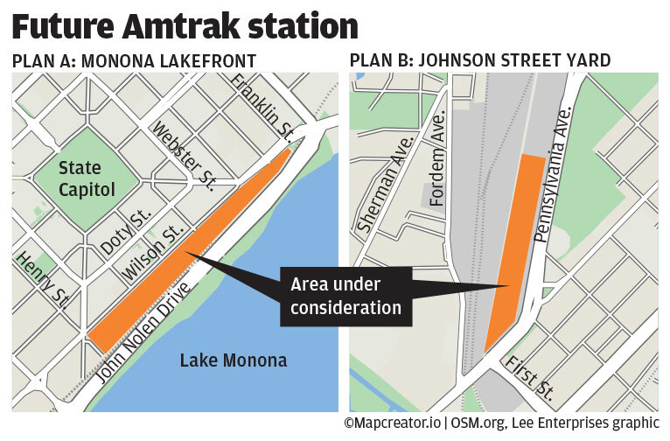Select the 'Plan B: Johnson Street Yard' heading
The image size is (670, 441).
[479, 61]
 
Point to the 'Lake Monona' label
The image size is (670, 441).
[233, 360]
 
